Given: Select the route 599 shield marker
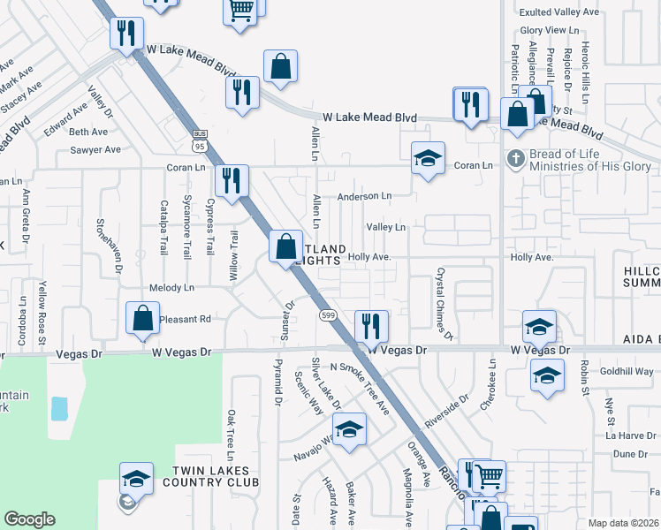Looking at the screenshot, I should [x=327, y=315].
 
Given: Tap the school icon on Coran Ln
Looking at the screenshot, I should [x=428, y=160].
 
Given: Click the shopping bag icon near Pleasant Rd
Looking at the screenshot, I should [x=142, y=319].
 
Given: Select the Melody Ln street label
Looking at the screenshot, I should [x=171, y=288].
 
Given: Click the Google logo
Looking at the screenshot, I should [x=30, y=519].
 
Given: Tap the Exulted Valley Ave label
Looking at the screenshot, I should [x=559, y=12].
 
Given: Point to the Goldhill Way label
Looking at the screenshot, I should [x=627, y=372].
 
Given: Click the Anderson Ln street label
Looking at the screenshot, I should [x=363, y=196].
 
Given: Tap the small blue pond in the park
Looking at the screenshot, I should [x=58, y=408].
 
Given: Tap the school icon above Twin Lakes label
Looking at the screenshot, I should [x=136, y=478].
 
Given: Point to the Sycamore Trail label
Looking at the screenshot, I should [x=186, y=225].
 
